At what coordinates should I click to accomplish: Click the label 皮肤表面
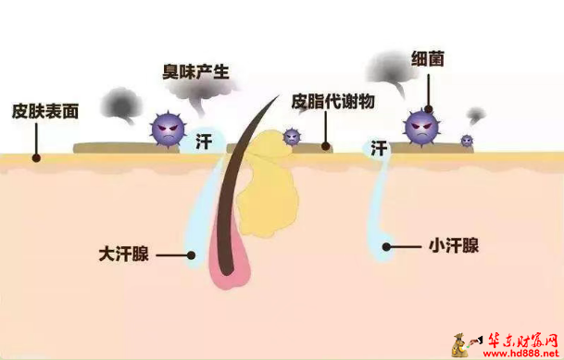45,110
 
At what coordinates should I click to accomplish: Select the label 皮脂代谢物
333,101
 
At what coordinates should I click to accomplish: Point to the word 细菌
427,58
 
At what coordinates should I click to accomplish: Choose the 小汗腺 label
455,246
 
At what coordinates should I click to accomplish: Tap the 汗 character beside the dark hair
205,142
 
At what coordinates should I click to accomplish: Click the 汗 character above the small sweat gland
379,147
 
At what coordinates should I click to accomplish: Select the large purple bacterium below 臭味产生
169,128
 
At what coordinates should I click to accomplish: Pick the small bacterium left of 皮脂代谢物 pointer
293,137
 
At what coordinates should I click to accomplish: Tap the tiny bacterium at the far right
467,141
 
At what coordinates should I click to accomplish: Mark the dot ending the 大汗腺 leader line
191,253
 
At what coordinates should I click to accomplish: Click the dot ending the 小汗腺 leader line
387,246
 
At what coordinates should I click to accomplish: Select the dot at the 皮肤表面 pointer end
35,157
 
